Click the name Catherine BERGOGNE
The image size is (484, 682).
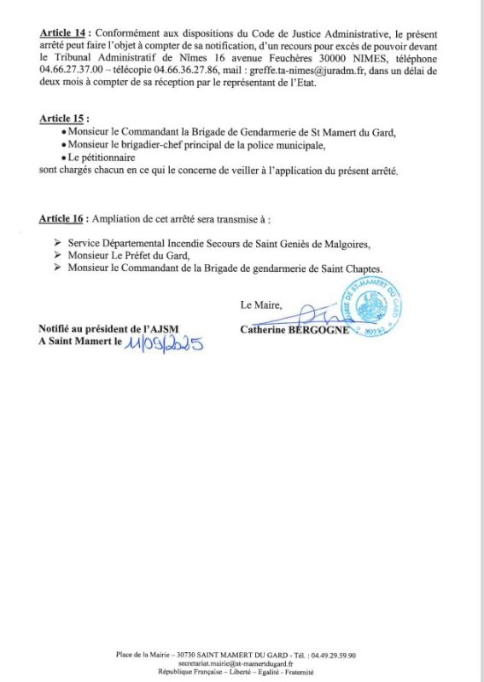click(295, 331)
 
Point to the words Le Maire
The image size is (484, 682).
click(260, 305)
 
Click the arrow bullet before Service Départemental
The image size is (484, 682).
click(56, 244)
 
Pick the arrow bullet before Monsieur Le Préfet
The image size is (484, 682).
click(56, 256)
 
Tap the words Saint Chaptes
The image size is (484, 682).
click(354, 268)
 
